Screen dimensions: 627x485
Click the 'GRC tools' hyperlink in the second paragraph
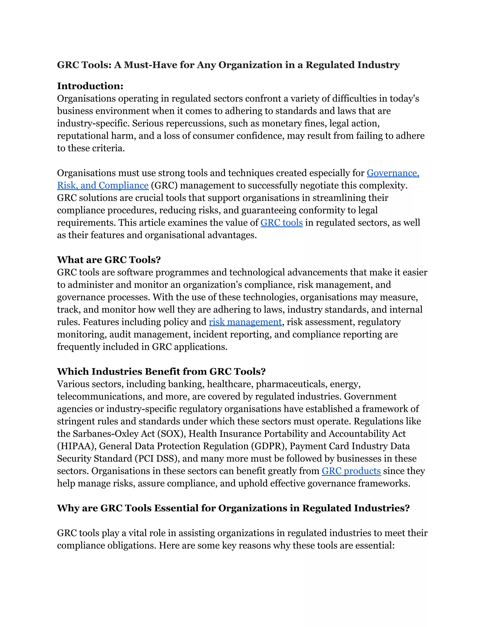(x=281, y=223)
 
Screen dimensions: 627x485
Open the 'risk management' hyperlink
(x=245, y=322)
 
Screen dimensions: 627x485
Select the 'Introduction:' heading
(x=90, y=86)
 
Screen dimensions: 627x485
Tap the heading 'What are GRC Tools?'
(x=109, y=260)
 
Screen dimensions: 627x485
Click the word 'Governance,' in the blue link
(x=393, y=173)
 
